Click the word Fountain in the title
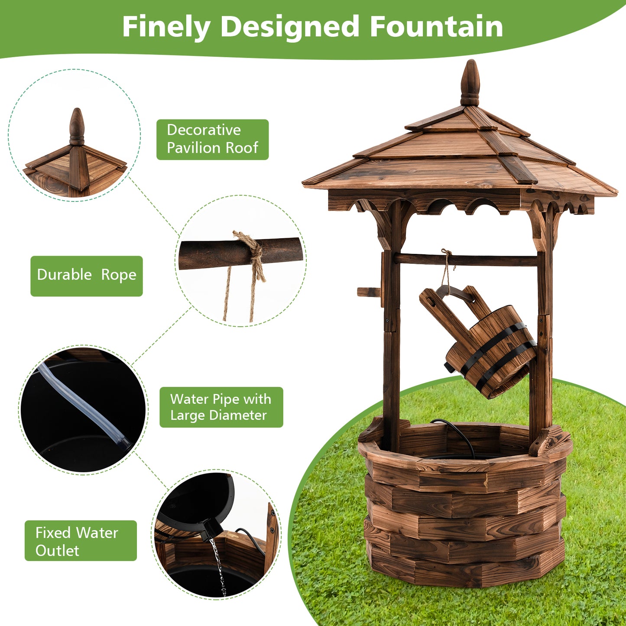pyautogui.click(x=436, y=27)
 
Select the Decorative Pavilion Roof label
pyautogui.click(x=212, y=139)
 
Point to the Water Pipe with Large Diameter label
pyautogui.click(x=221, y=407)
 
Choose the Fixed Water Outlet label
pyautogui.click(x=81, y=541)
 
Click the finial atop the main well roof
pyautogui.click(x=470, y=82)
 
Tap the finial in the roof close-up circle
pyautogui.click(x=77, y=126)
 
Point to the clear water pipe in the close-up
pyautogui.click(x=82, y=403)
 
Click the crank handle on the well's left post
pyautogui.click(x=369, y=292)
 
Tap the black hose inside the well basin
pyautogui.click(x=459, y=435)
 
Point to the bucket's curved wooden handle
pyautogui.click(x=455, y=293)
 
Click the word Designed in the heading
pyautogui.click(x=290, y=27)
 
